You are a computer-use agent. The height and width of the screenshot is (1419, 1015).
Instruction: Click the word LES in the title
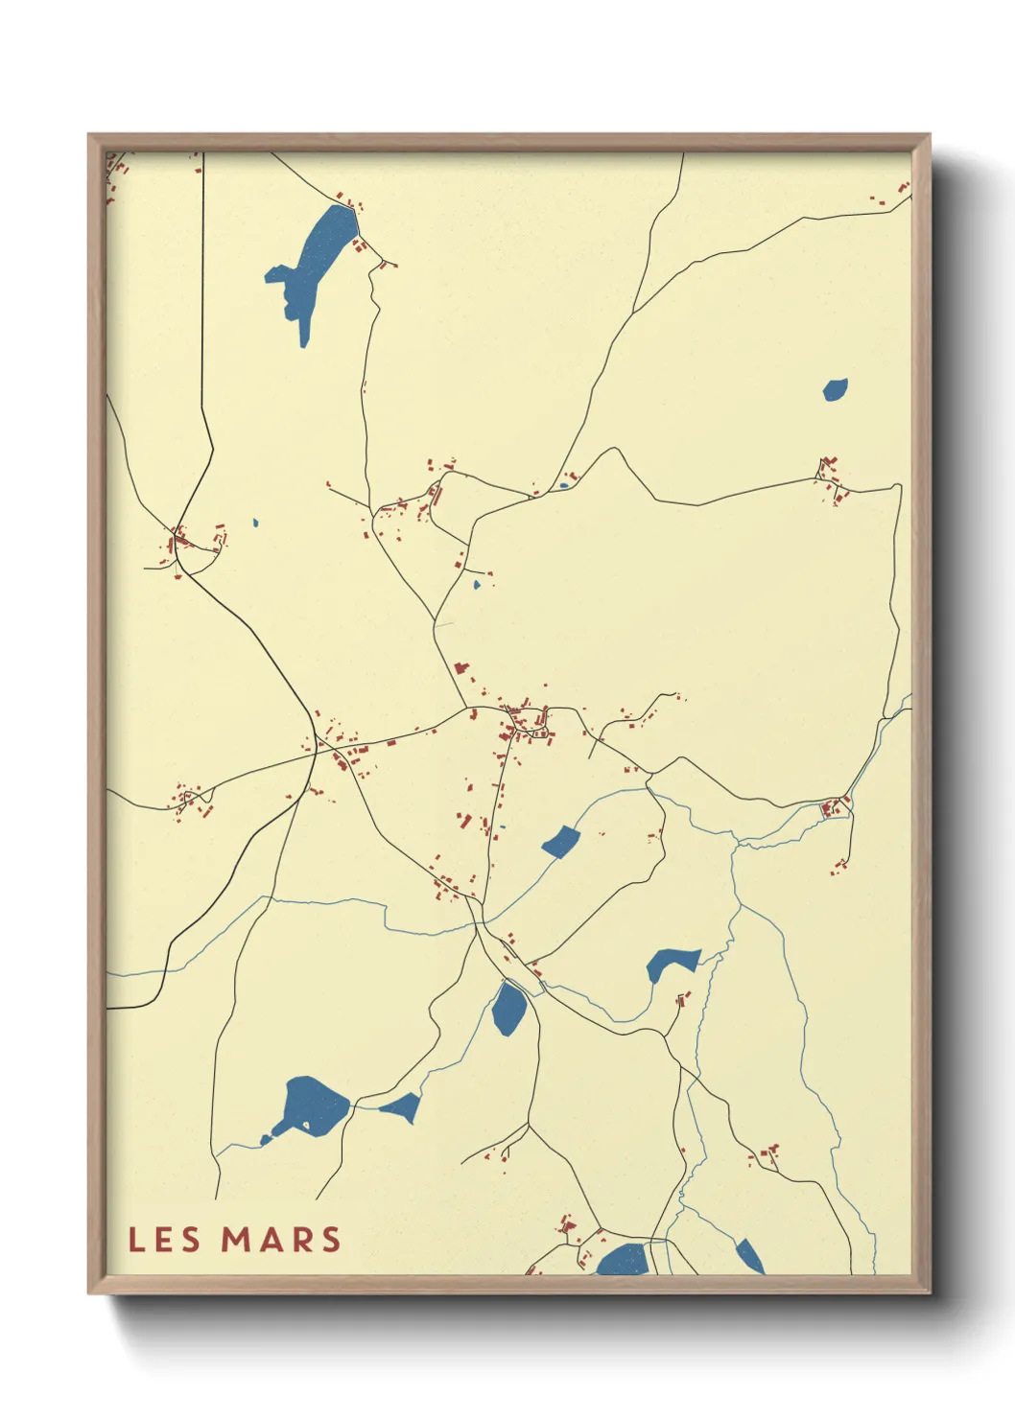pyautogui.click(x=164, y=1240)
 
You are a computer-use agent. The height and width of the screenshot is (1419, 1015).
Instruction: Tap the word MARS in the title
pyautogui.click(x=281, y=1240)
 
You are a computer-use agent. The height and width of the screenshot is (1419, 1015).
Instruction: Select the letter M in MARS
pyautogui.click(x=236, y=1240)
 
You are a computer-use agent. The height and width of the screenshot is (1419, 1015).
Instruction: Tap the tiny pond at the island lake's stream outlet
pyautogui.click(x=265, y=1140)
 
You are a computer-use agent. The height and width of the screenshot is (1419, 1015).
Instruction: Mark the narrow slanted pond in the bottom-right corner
pyautogui.click(x=749, y=1256)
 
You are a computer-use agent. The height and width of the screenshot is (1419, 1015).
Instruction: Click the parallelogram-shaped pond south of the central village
pyautogui.click(x=561, y=843)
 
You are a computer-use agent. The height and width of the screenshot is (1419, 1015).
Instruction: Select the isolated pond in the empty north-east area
pyautogui.click(x=835, y=389)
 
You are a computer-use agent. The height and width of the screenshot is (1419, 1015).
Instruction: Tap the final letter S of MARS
pyautogui.click(x=332, y=1240)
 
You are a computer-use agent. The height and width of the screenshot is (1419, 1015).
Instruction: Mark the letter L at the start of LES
pyautogui.click(x=136, y=1240)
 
